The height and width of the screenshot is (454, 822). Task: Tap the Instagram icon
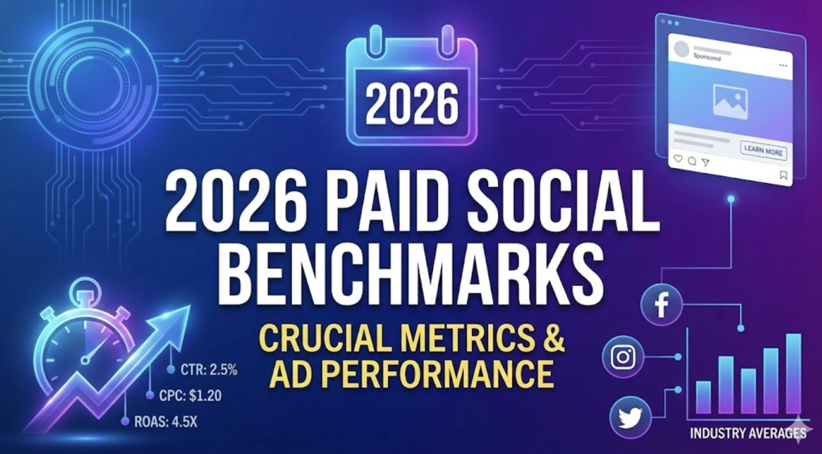click(x=623, y=357)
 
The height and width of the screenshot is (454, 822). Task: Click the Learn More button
click(x=763, y=151)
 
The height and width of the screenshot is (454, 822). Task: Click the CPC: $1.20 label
click(x=190, y=396)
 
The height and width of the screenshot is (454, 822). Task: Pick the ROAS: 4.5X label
click(x=166, y=422)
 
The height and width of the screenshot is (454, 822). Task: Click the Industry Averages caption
click(x=748, y=433)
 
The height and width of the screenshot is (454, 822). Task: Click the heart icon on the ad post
click(x=678, y=159)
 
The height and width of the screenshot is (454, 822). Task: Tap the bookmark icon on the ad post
click(x=783, y=176)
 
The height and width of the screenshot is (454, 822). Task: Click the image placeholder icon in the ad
click(x=730, y=101)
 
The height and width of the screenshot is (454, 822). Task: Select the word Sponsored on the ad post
click(x=707, y=58)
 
